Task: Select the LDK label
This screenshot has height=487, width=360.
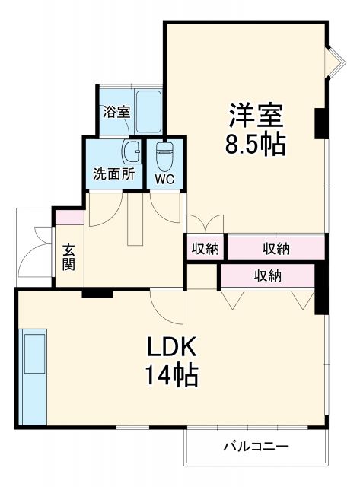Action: tap(172, 348)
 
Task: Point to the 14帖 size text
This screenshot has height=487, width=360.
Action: tap(173, 375)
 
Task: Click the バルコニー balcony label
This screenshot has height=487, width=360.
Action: tap(255, 446)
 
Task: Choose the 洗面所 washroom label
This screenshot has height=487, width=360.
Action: tap(113, 173)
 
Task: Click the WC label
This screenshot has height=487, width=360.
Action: tap(164, 180)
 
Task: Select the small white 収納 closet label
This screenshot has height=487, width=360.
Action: tap(205, 247)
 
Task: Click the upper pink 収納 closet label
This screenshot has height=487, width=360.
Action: tap(276, 247)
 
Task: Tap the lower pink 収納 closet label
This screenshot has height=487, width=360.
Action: tap(268, 275)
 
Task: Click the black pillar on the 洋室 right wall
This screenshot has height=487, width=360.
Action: tap(320, 121)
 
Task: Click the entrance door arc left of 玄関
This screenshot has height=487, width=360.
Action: tap(34, 255)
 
